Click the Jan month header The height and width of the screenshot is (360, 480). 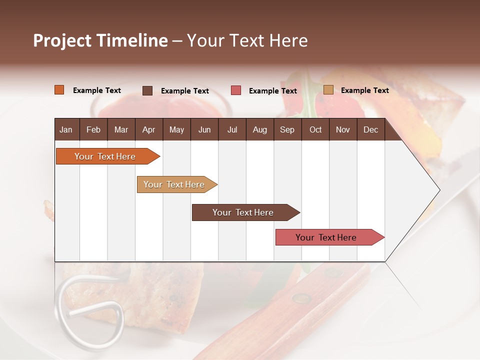tap(66, 129)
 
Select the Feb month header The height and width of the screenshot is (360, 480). tap(93, 129)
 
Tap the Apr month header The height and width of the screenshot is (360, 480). tap(148, 129)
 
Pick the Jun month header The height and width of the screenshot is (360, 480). tap(204, 129)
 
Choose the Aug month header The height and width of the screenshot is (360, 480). tap(259, 129)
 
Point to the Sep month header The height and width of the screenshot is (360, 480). tap(287, 129)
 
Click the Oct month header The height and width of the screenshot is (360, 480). tap(315, 129)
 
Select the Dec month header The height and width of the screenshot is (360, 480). tap(370, 129)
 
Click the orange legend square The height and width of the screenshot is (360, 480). tap(59, 90)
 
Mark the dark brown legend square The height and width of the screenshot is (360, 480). tap(147, 90)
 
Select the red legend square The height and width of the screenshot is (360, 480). tap(236, 90)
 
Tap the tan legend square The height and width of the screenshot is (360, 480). tap(328, 90)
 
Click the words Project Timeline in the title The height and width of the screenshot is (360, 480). tap(100, 40)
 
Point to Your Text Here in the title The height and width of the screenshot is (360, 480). tap(247, 40)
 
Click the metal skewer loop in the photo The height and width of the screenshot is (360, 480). tap(90, 310)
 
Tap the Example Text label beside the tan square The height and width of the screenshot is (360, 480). tap(364, 90)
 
